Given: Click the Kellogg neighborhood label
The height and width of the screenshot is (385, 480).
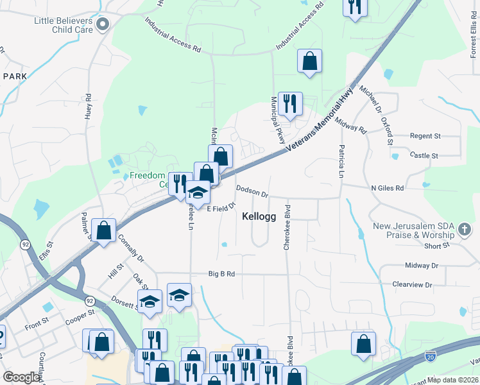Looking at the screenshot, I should point(259,217).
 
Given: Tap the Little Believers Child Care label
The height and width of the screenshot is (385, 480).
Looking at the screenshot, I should point(64,25).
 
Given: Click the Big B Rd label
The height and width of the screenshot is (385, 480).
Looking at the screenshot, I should point(221,274).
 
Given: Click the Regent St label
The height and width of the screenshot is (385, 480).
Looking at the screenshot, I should point(425,136).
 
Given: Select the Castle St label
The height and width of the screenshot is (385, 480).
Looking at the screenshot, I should point(424,155).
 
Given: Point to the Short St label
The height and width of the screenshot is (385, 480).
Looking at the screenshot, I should point(436,246).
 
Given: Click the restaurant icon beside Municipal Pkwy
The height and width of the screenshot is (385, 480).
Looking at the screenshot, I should point(290,103).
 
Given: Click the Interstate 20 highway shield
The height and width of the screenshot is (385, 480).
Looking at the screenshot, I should point(430,354).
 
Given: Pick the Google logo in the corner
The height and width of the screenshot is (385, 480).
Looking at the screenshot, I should point(21,377).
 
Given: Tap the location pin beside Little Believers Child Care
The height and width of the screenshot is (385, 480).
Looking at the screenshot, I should point(103,24).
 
